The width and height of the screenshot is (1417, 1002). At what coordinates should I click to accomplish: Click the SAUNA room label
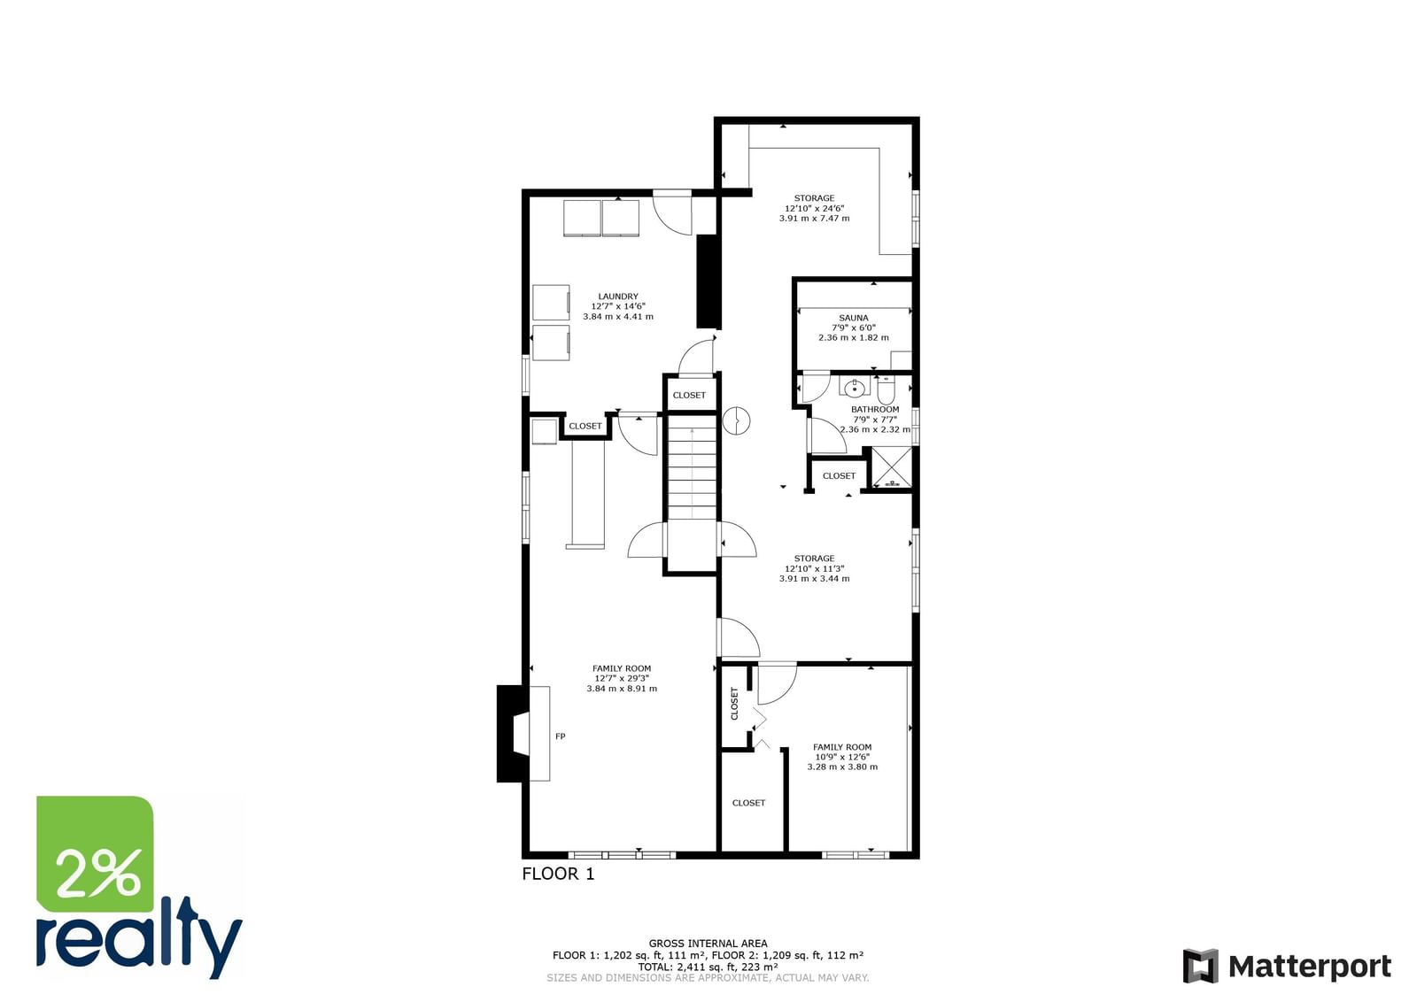854,318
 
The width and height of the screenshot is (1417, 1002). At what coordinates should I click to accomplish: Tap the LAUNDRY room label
618,296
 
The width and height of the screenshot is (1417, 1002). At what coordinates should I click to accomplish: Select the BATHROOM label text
875,409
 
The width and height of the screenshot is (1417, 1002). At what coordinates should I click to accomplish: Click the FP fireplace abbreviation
560,736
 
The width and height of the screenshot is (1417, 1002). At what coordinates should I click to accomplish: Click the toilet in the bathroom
886,390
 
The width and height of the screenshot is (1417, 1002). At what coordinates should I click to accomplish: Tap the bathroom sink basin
855,389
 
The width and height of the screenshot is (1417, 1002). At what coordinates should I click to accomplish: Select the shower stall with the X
892,466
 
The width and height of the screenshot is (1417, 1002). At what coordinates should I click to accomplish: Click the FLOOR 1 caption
558,874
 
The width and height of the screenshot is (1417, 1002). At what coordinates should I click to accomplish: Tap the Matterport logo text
1310,967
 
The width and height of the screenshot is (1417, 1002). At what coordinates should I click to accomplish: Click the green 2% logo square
95,854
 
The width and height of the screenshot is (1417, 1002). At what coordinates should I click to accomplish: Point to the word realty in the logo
139,939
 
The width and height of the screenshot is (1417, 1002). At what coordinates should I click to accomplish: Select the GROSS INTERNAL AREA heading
708,944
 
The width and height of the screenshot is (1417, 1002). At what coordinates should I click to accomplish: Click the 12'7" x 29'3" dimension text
621,678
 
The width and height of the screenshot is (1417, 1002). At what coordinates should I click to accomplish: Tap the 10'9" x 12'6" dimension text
842,757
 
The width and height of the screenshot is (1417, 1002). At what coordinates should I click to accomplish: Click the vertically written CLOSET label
734,704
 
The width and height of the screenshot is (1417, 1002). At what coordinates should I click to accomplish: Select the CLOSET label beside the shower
839,475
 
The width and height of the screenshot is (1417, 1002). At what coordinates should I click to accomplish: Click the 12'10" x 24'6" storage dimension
814,208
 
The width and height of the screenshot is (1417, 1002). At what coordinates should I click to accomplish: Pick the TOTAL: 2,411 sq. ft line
708,967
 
